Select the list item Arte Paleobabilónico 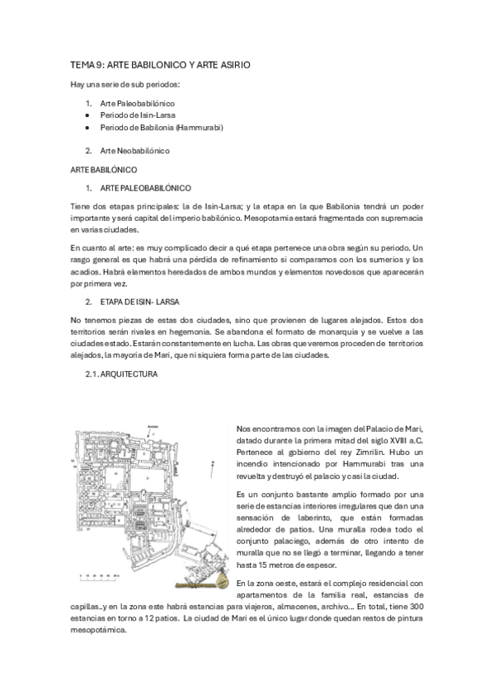(137, 103)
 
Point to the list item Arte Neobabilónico (134, 151)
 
